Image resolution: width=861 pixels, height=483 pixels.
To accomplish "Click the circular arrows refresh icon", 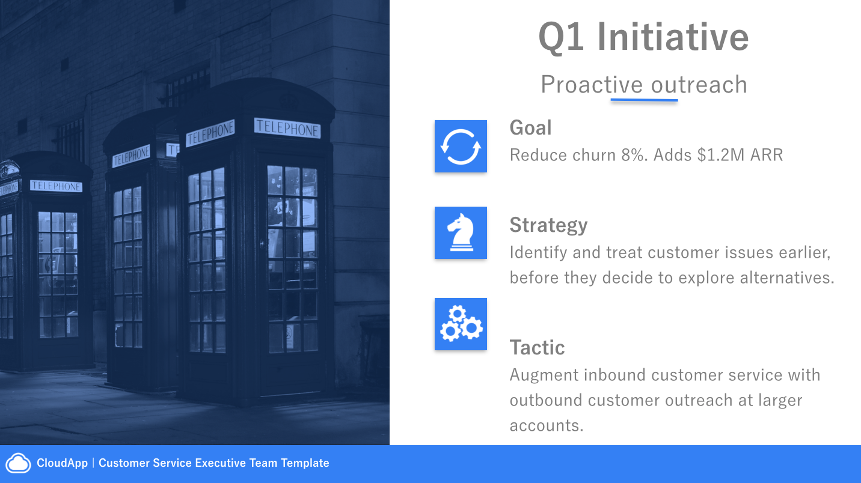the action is (x=461, y=147).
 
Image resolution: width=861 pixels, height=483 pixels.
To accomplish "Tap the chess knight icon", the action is (x=461, y=232).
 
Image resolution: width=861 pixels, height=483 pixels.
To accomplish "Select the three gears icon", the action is (x=461, y=324).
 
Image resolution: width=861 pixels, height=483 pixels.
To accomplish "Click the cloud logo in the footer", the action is (x=19, y=463).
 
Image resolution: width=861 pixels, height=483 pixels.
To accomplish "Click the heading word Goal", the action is (x=530, y=128).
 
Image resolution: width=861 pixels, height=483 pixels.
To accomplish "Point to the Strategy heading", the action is (x=548, y=225).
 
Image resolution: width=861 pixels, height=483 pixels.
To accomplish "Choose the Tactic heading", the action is (x=537, y=347).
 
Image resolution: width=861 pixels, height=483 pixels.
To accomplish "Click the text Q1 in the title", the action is (x=562, y=37).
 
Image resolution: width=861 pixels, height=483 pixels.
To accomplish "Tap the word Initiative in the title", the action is (x=673, y=37).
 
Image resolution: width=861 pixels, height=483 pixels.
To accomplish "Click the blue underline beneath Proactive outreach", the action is (x=644, y=100).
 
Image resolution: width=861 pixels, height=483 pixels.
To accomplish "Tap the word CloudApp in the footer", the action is (x=63, y=463).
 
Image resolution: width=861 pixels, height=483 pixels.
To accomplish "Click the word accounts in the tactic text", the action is (x=546, y=426).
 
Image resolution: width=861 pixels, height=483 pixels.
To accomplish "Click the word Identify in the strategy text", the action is (x=538, y=253).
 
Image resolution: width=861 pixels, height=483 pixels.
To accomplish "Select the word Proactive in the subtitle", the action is (x=592, y=85).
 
